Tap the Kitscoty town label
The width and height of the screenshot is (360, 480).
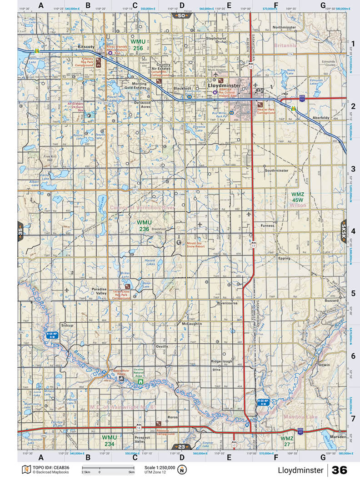tap(85, 46)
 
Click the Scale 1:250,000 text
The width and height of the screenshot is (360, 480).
tap(160, 467)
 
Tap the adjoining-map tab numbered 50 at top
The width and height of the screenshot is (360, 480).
tap(181, 16)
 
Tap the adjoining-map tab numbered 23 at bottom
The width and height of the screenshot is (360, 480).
tap(181, 447)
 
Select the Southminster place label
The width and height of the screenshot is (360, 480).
tap(276, 170)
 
